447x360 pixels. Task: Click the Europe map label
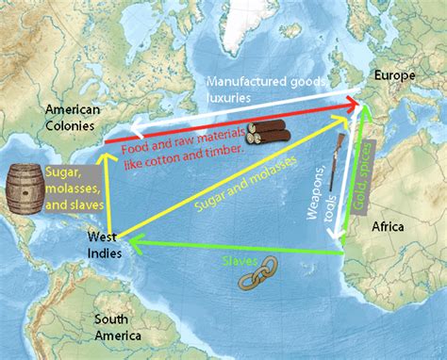394,74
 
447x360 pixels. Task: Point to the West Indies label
102,243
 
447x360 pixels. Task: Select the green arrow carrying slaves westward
236,247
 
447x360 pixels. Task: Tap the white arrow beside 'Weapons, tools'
343,188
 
